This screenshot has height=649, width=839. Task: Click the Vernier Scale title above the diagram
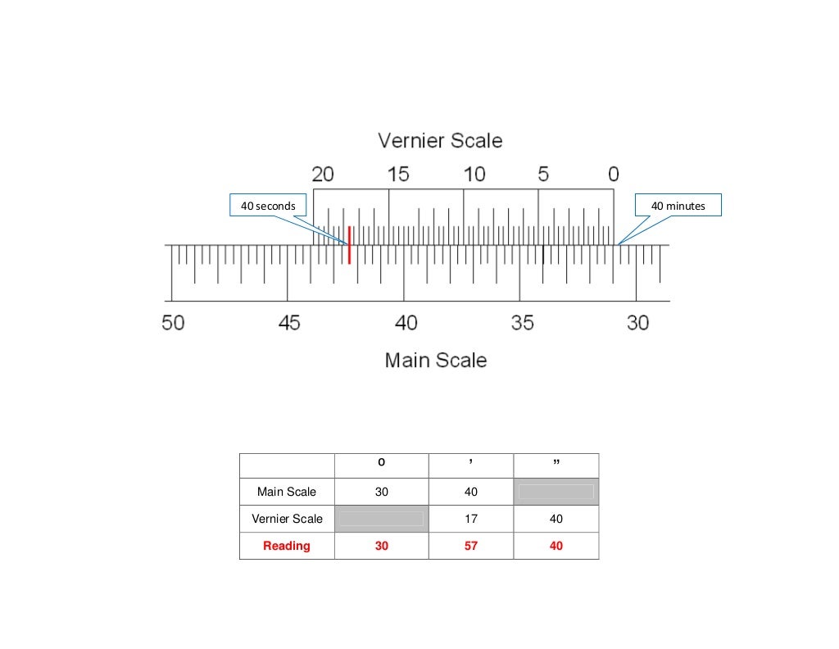click(440, 141)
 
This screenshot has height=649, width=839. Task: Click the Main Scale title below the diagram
click(436, 361)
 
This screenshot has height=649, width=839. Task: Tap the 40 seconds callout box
click(268, 206)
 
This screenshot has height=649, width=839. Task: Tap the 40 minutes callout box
click(678, 206)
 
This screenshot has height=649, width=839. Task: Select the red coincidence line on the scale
click(349, 245)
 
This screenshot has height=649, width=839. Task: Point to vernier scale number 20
click(323, 175)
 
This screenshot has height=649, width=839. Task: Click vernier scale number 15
click(398, 175)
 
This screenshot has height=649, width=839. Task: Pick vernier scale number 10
click(474, 175)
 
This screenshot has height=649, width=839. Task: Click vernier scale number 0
click(614, 175)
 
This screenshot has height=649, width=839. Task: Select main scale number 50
click(173, 323)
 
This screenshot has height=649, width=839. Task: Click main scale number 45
click(289, 323)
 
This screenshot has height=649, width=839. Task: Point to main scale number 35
click(522, 323)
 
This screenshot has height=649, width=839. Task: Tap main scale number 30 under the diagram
click(637, 323)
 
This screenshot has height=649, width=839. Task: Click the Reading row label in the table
click(287, 546)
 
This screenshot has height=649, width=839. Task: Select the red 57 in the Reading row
click(471, 546)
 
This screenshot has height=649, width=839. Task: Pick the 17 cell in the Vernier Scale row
click(471, 519)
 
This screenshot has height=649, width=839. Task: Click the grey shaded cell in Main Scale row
click(556, 492)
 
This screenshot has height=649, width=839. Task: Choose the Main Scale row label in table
click(287, 492)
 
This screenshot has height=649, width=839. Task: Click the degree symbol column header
click(382, 465)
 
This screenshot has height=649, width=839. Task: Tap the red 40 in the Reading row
click(556, 546)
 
